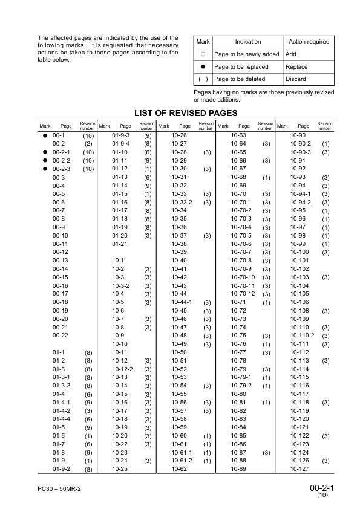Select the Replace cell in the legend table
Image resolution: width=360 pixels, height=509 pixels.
tap(296, 67)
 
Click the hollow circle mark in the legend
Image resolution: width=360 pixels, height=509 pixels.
tap(203, 54)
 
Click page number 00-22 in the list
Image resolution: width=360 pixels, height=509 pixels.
tap(61, 334)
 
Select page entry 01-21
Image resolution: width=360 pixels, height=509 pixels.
tap(120, 243)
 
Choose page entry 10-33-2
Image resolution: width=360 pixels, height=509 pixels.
tap(182, 202)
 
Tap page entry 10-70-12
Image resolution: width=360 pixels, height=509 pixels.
tap(244, 293)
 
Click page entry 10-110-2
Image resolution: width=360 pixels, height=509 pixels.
tap(303, 335)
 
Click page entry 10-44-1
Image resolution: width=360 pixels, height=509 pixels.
tap(182, 302)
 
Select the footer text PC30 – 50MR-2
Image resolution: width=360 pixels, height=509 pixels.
tap(59, 487)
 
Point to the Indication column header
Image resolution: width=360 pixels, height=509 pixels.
tap(247, 42)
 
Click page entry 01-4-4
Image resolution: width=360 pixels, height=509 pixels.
tap(62, 418)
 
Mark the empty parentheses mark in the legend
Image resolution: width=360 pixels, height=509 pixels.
tap(203, 79)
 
